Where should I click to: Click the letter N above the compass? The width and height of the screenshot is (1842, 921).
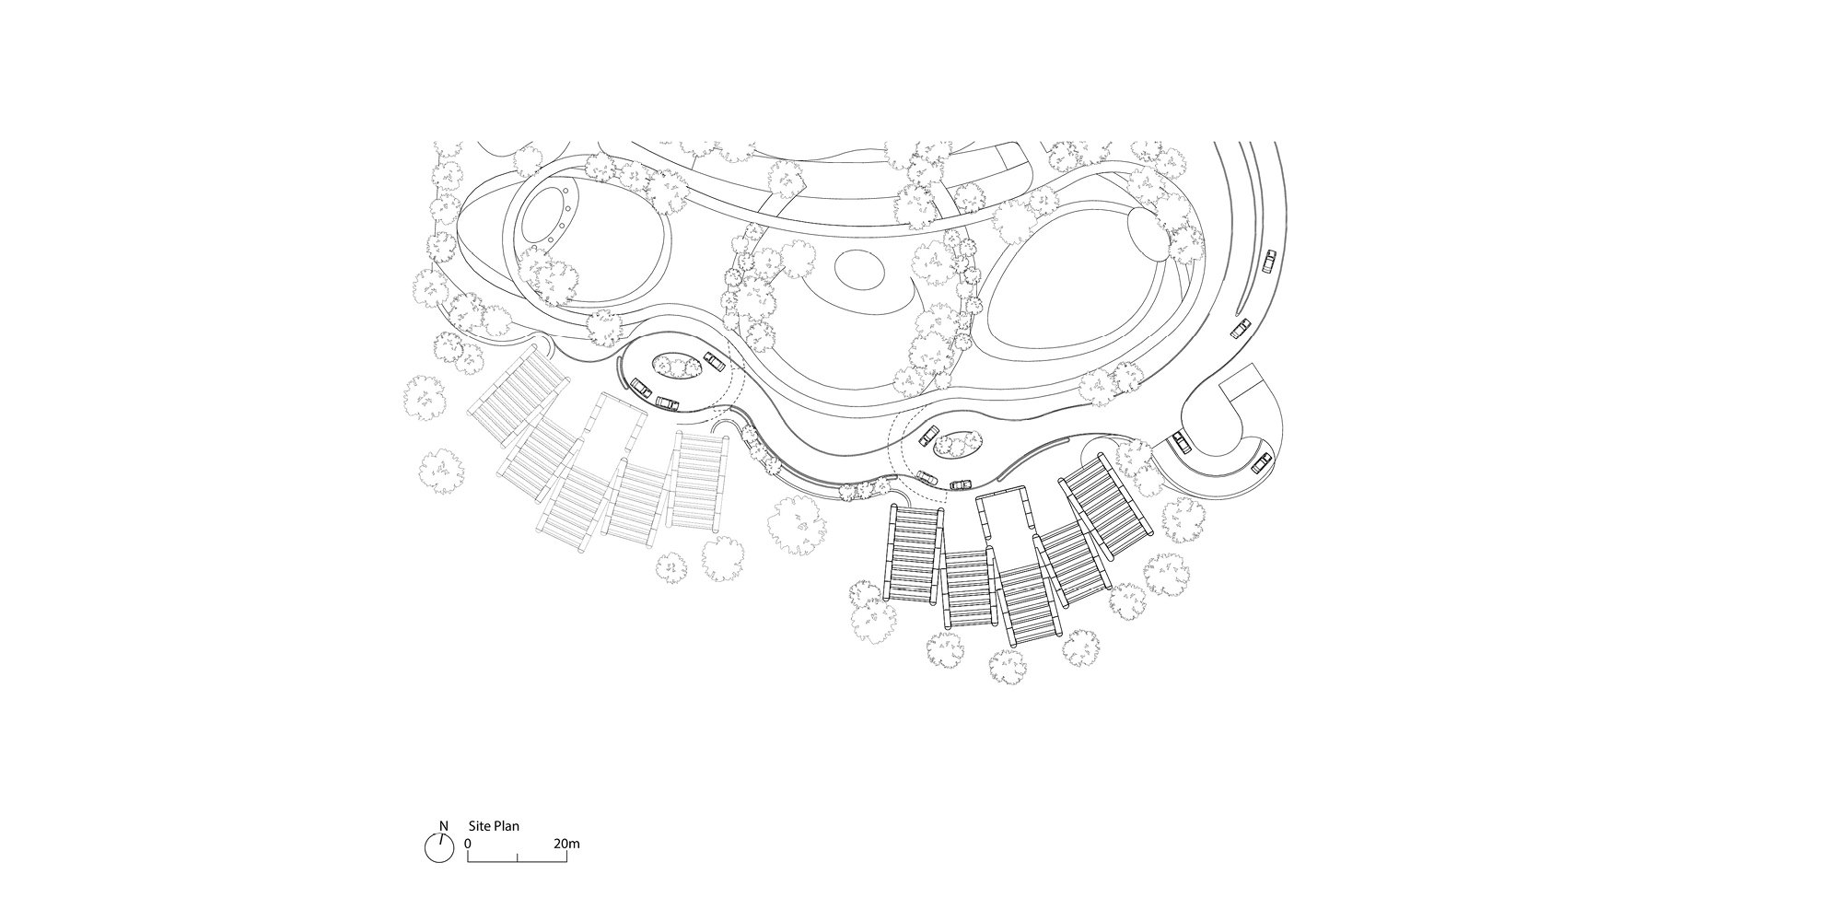tap(444, 826)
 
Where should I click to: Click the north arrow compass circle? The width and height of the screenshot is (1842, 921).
tap(439, 847)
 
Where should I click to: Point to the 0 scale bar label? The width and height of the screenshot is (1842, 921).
tap(468, 844)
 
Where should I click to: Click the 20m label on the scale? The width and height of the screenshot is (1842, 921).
tap(566, 844)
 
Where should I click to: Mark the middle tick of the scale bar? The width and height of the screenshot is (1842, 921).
tap(518, 858)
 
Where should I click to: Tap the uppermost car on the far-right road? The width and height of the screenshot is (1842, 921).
tap(1270, 262)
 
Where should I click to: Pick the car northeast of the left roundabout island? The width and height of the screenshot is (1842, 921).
tap(714, 359)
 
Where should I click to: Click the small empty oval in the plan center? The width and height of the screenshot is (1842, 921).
tap(859, 267)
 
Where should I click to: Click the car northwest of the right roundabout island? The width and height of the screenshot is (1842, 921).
tap(927, 437)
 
